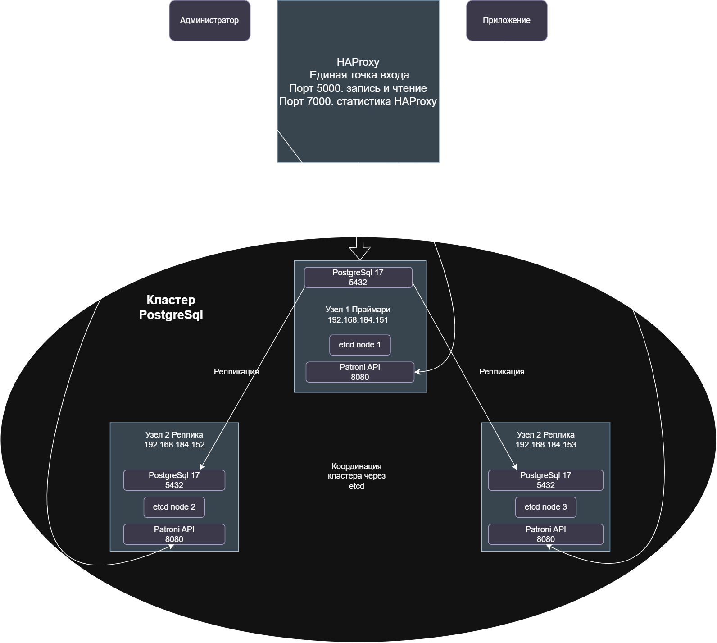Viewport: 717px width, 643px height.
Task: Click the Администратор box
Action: tap(209, 20)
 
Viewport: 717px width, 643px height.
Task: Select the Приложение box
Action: tap(507, 20)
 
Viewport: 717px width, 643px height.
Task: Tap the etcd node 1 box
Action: tap(360, 345)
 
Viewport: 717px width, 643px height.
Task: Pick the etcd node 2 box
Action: tap(174, 507)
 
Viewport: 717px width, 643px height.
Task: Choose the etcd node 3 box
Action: tap(546, 507)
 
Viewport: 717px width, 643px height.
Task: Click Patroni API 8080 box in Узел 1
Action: tap(360, 372)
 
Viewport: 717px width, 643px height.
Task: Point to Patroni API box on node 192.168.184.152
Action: tap(174, 534)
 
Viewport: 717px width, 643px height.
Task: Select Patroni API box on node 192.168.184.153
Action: tap(546, 534)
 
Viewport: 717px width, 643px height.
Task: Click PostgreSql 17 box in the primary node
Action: tap(358, 278)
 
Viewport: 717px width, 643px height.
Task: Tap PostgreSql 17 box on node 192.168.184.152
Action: tap(174, 480)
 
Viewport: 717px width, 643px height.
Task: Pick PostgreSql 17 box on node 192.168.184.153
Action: tap(546, 480)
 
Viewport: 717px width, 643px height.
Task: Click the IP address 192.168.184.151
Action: tap(358, 320)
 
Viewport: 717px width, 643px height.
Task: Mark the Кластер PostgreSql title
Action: tap(171, 307)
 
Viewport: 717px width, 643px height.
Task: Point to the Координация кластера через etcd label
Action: tap(357, 476)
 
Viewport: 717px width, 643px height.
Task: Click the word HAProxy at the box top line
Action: tap(358, 62)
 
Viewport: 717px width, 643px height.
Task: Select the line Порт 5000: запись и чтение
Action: tap(358, 88)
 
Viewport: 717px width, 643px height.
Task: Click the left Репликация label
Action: tap(236, 372)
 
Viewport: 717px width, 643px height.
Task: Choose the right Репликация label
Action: tap(502, 372)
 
